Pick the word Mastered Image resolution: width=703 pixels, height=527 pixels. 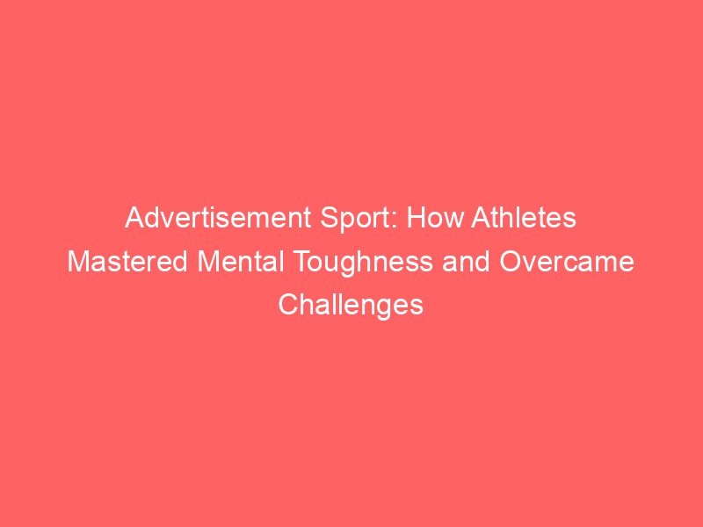click(126, 262)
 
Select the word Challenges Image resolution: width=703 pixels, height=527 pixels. click(351, 305)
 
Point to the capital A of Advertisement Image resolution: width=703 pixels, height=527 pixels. click(134, 219)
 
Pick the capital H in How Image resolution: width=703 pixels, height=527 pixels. click(415, 219)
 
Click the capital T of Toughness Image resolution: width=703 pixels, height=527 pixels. click(292, 262)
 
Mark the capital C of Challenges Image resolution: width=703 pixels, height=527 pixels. click(288, 305)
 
